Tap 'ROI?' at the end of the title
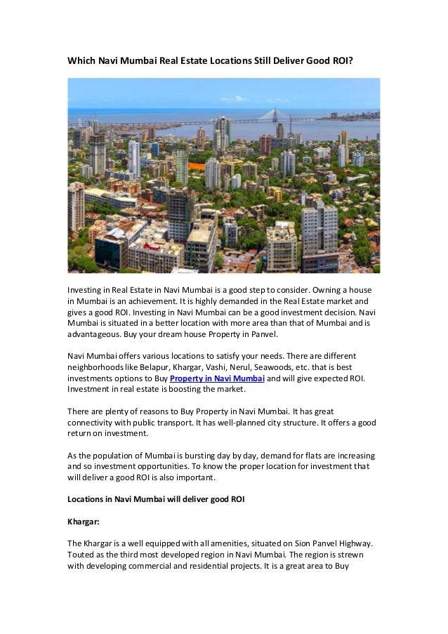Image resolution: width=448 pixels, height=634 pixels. (x=341, y=61)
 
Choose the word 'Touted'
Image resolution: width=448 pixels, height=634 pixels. (x=81, y=555)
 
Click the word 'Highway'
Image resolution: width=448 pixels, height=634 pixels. (x=355, y=543)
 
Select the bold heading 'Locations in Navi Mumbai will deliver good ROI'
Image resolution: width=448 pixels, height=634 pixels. (x=155, y=499)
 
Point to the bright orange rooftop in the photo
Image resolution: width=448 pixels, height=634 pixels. (x=197, y=166)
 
